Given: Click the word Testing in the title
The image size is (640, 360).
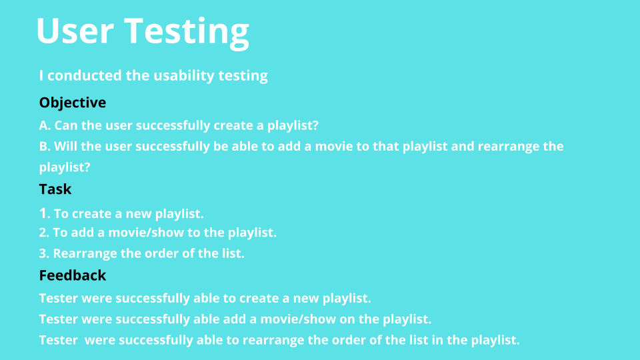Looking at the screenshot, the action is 187,33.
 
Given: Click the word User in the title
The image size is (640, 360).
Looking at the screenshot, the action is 75,31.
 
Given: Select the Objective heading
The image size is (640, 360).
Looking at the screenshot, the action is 73,103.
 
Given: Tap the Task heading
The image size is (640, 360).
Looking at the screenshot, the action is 55,189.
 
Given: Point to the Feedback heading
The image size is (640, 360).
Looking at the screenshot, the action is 73,275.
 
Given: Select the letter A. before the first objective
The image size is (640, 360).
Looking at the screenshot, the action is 45,125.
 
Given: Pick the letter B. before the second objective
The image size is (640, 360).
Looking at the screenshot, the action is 45,146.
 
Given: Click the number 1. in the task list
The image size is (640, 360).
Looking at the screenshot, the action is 45,213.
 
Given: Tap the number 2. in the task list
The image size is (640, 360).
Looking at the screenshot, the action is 44,233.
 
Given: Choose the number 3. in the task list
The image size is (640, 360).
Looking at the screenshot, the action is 44,253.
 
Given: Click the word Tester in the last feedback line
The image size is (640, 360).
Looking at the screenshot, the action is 59,340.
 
